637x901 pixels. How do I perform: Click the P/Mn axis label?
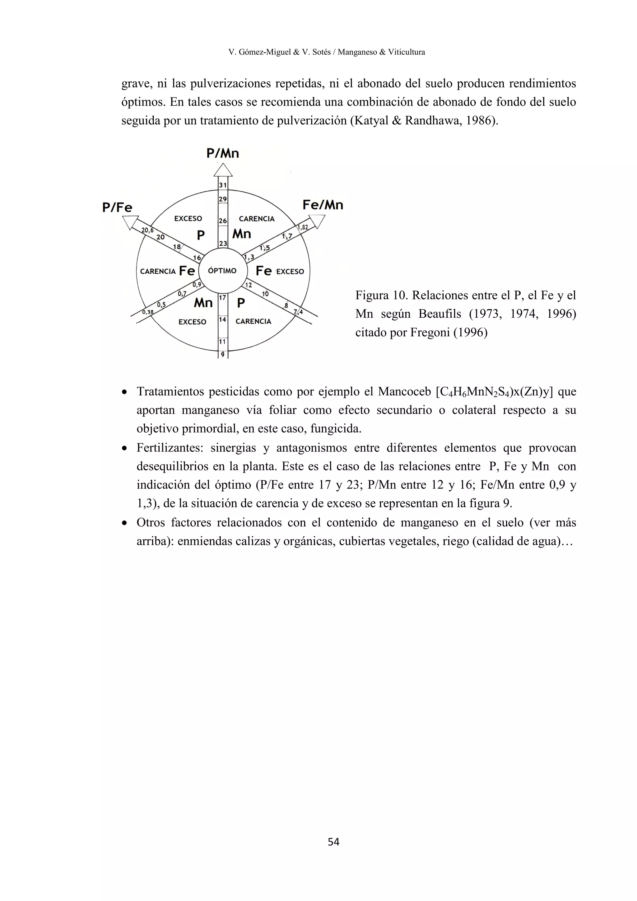point(222,153)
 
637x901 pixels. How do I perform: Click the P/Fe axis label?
point(117,207)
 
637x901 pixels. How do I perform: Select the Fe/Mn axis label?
point(323,205)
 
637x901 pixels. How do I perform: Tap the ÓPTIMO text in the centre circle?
point(222,271)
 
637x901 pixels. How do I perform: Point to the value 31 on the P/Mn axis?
point(223,185)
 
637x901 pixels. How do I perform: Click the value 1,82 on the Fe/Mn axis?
point(302,228)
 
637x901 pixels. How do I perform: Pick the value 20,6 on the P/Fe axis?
point(147,230)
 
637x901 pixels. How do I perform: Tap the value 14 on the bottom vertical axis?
point(222,320)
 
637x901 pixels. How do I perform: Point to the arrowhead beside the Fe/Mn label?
point(317,221)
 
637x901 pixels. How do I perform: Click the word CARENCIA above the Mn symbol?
point(257,219)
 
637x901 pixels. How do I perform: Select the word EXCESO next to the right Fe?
point(290,272)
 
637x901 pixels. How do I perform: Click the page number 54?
point(333,842)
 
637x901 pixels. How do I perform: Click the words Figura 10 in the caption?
point(380,295)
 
